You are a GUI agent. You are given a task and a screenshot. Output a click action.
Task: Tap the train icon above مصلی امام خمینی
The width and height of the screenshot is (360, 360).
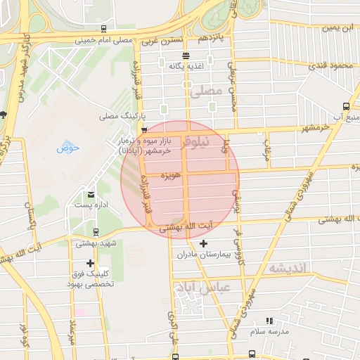click(104, 30)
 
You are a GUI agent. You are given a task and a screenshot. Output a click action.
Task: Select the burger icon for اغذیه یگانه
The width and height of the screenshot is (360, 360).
click(186, 56)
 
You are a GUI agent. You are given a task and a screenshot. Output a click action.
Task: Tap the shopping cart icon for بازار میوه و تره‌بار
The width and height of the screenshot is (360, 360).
click(144, 130)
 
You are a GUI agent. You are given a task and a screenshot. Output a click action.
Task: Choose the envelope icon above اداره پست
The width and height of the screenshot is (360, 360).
click(91, 194)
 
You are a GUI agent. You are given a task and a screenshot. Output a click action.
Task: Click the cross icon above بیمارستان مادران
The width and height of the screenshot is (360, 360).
click(204, 244)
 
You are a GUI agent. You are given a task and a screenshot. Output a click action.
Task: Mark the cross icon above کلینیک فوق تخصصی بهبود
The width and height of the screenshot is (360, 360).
click(90, 263)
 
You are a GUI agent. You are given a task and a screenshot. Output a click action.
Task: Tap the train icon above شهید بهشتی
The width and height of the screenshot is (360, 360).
click(96, 233)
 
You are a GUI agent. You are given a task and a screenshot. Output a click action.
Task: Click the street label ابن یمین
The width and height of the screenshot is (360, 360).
click(336, 29)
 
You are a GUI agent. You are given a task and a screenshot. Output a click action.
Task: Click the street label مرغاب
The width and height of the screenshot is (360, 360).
click(266, 148)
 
